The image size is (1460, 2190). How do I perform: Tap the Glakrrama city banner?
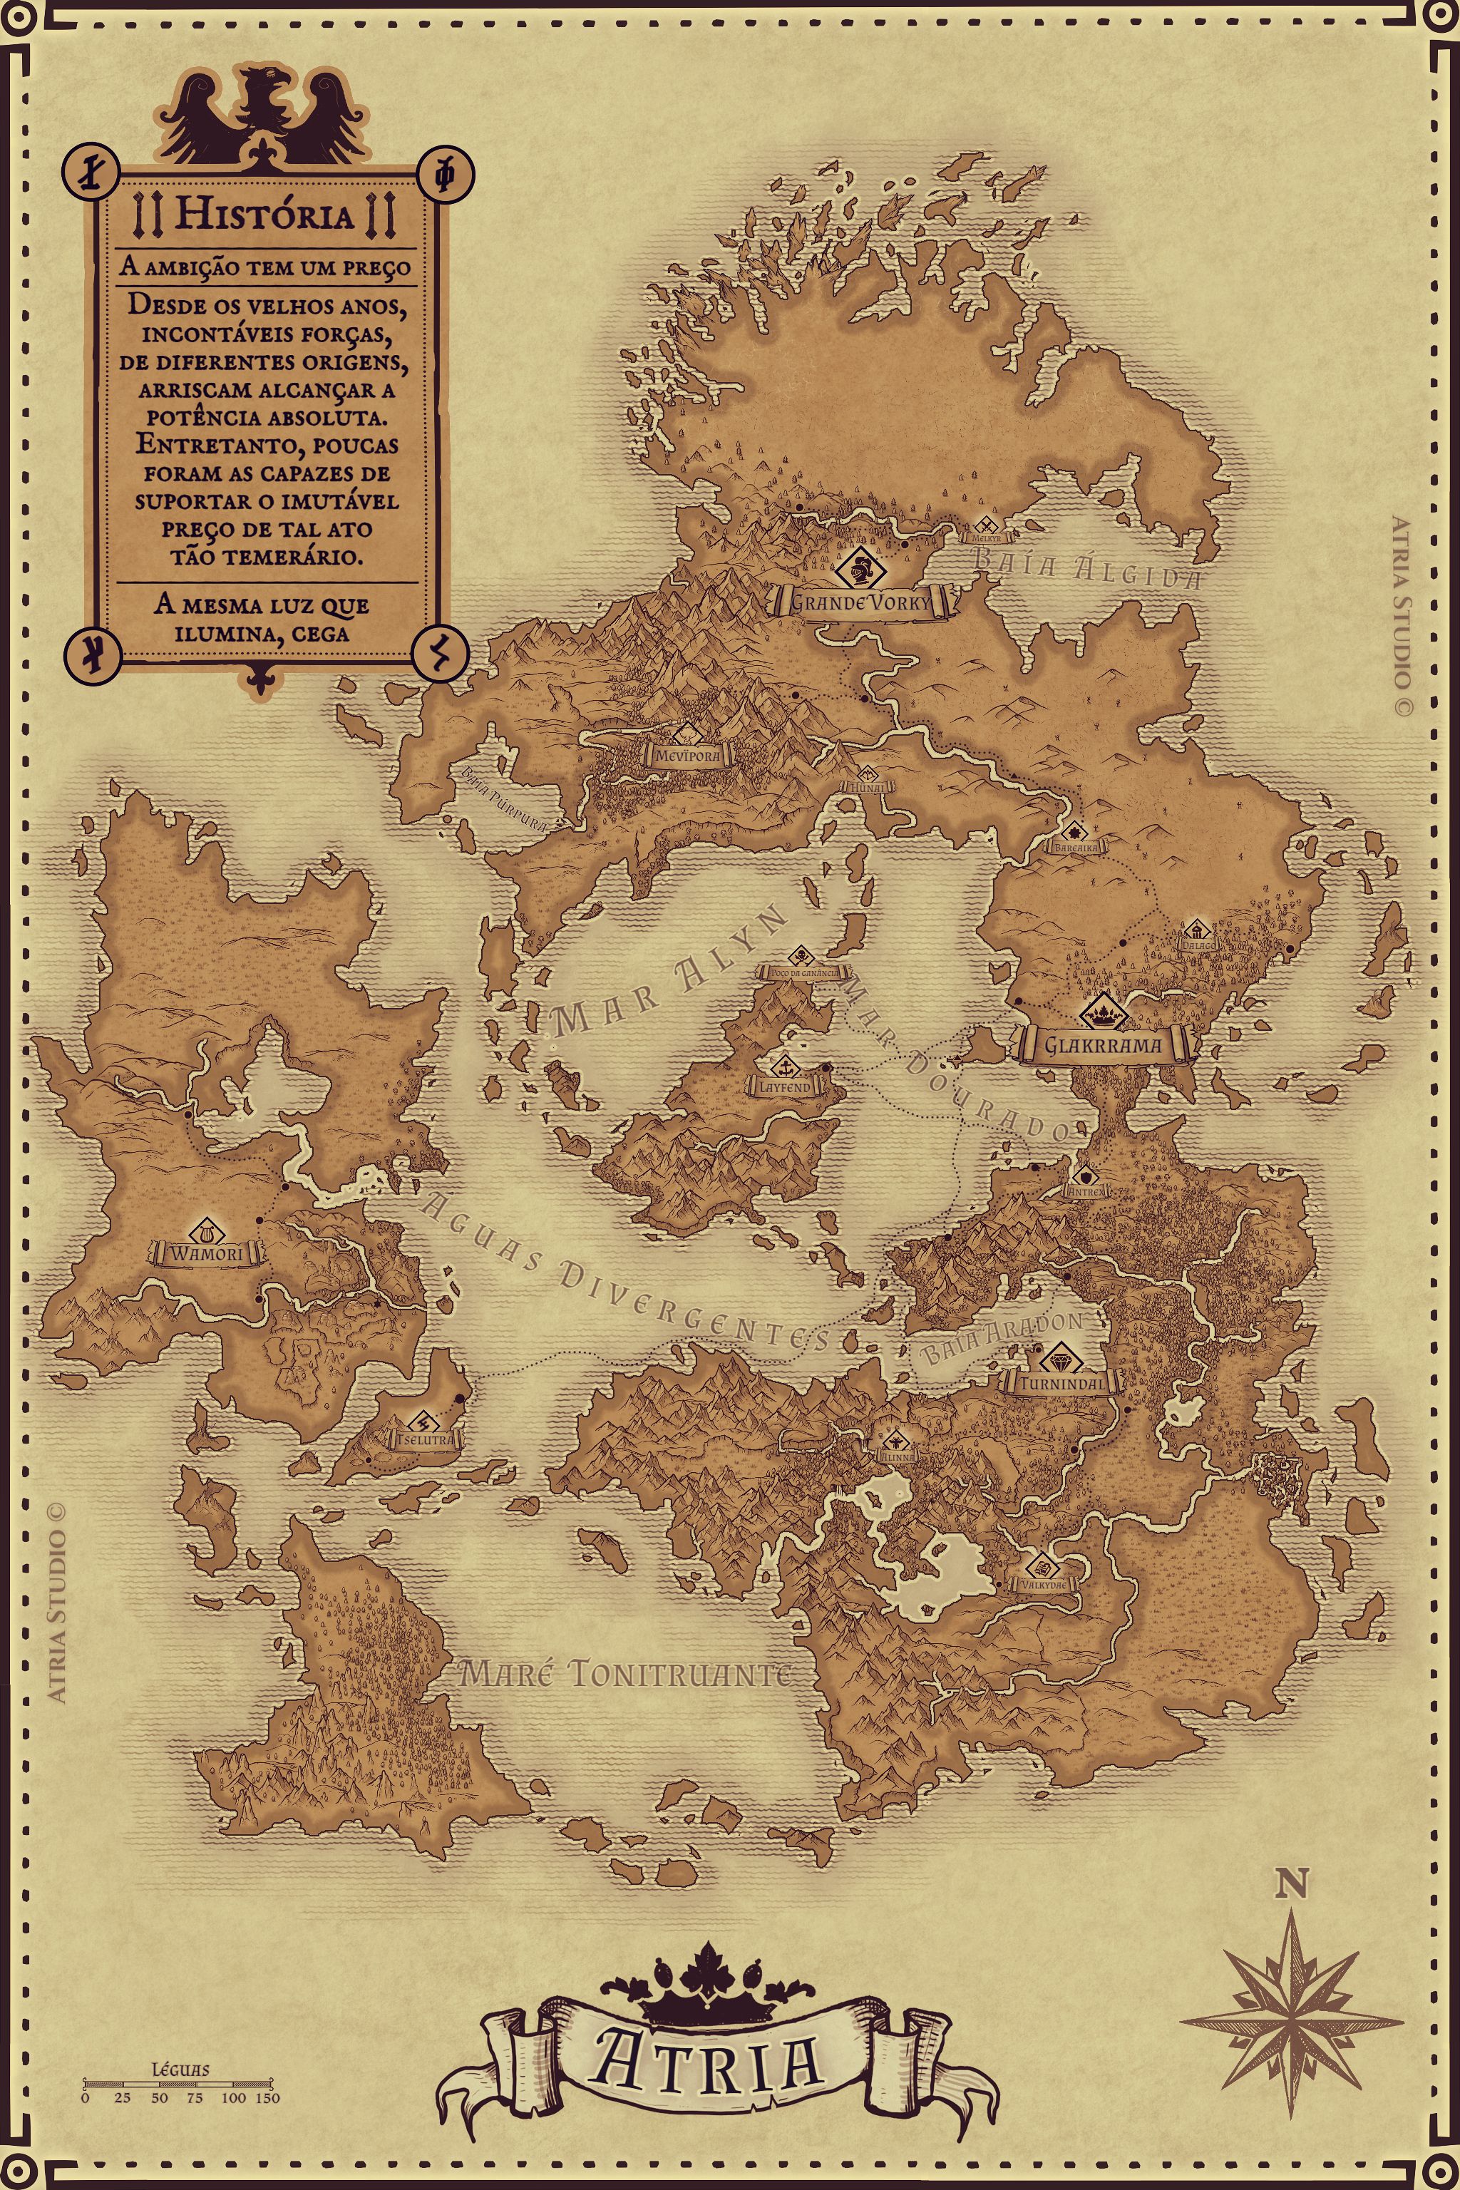pos(1102,1044)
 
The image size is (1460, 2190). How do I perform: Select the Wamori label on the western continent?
pos(207,1254)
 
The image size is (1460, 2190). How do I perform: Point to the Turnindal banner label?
pos(1062,1384)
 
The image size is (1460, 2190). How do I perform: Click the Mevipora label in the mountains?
pos(687,756)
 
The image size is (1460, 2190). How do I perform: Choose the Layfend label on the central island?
pos(785,1086)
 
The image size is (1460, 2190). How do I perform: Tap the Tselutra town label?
pos(426,1439)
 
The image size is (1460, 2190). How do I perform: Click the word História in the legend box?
pos(265,215)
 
